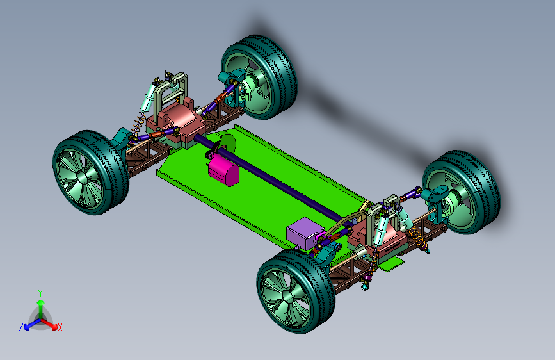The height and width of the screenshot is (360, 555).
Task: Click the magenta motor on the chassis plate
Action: (x=223, y=170)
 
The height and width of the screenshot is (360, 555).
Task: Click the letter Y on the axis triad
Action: (x=40, y=293)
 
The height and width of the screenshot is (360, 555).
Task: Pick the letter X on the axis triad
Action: (x=60, y=328)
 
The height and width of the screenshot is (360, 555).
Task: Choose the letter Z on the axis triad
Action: (x=21, y=327)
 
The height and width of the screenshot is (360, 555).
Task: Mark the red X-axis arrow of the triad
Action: (x=49, y=323)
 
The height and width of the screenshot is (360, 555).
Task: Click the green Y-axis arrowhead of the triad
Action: (x=41, y=303)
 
